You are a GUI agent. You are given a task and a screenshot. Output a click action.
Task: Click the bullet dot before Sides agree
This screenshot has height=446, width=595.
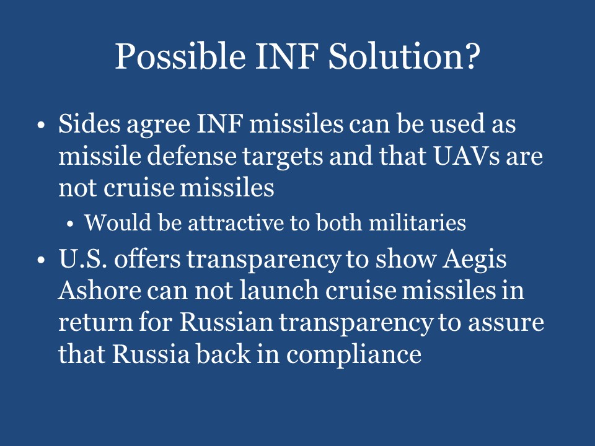coord(41,125)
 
